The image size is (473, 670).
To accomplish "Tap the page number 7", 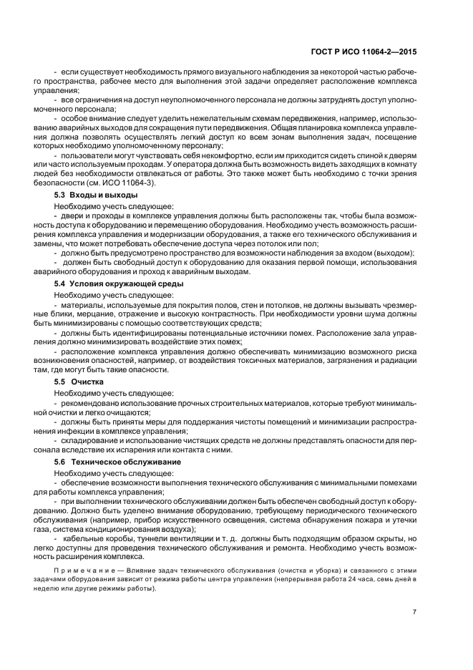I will pos(414,611).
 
